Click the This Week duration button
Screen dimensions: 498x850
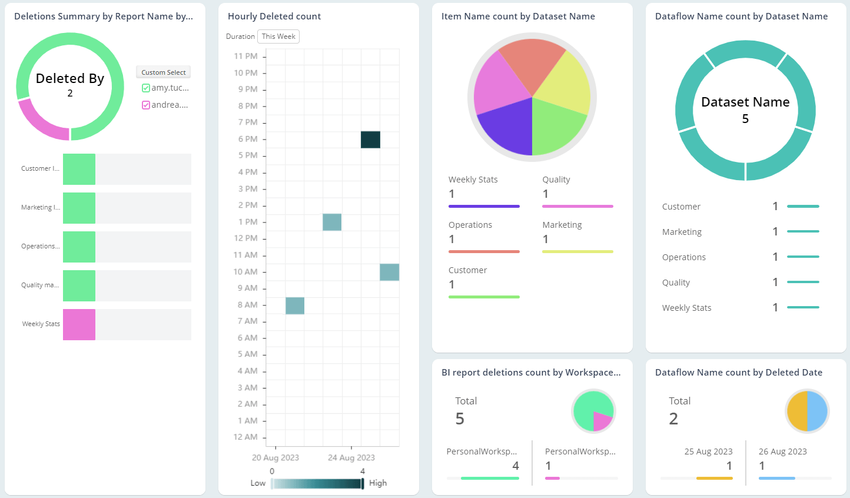click(278, 36)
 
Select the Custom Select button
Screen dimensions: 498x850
click(163, 72)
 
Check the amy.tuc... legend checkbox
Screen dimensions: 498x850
click(146, 88)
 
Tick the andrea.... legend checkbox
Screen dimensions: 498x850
click(146, 105)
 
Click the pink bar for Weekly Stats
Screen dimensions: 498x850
click(79, 324)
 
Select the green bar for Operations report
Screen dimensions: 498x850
click(79, 247)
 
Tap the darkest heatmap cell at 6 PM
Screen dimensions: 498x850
click(370, 140)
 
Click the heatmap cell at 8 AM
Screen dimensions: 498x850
click(295, 306)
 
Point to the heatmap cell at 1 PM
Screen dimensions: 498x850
click(332, 222)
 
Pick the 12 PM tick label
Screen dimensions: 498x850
click(245, 238)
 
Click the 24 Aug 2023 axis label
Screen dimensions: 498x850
click(351, 458)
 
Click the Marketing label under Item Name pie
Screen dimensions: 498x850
click(562, 225)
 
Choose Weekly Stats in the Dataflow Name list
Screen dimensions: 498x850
click(686, 308)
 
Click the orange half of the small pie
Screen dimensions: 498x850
click(798, 411)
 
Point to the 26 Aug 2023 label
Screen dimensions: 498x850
click(782, 451)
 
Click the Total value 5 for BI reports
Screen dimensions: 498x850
click(460, 419)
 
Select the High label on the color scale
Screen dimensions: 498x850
click(378, 483)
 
